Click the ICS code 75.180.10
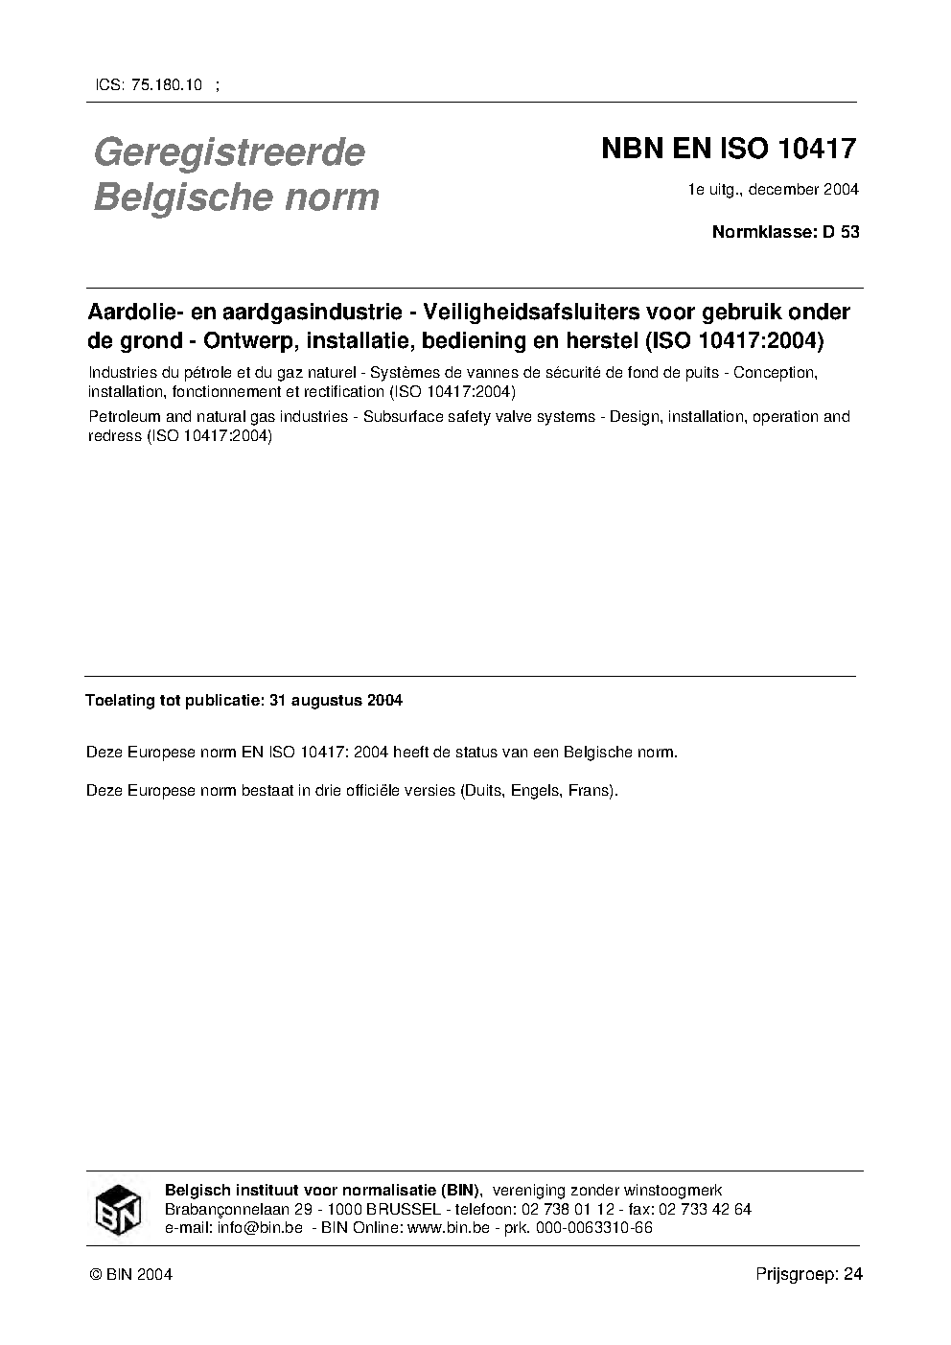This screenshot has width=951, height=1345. click(x=163, y=85)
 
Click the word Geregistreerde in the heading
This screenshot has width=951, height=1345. click(x=229, y=152)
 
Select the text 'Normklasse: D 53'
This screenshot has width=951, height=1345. click(x=785, y=232)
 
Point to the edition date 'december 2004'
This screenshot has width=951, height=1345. click(x=803, y=189)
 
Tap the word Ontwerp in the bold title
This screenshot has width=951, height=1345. click(x=242, y=340)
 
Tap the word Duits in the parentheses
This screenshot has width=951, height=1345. click(x=481, y=792)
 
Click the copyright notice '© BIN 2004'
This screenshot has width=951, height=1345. click(x=130, y=1274)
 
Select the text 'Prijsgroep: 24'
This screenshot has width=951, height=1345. click(x=809, y=1274)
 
